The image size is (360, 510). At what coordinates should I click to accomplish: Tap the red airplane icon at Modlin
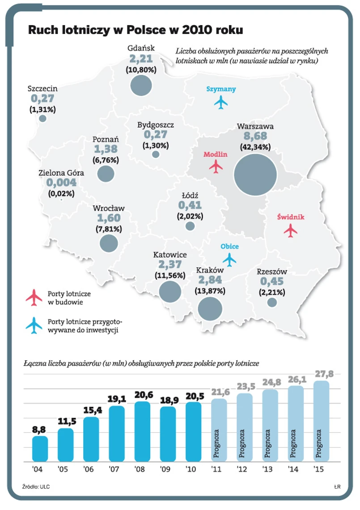coord(216,166)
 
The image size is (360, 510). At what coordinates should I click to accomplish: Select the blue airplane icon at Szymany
coord(221,102)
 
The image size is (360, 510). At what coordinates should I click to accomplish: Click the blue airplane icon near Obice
coord(229,259)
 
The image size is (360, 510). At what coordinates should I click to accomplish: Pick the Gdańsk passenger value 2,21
coord(141,59)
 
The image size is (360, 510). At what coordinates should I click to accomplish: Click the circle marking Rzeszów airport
coord(272,303)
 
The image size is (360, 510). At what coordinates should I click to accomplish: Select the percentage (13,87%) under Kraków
coord(210,291)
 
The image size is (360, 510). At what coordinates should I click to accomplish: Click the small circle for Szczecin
coord(43,118)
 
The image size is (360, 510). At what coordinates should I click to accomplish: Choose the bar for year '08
coord(142,431)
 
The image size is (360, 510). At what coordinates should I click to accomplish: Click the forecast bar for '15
coord(321,421)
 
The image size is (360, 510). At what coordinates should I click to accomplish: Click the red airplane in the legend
coord(34,298)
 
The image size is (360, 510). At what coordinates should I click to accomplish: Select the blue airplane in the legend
coord(34,326)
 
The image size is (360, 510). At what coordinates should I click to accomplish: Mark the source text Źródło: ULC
coord(36,486)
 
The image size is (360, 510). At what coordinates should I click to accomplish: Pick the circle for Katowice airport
coord(170,292)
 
